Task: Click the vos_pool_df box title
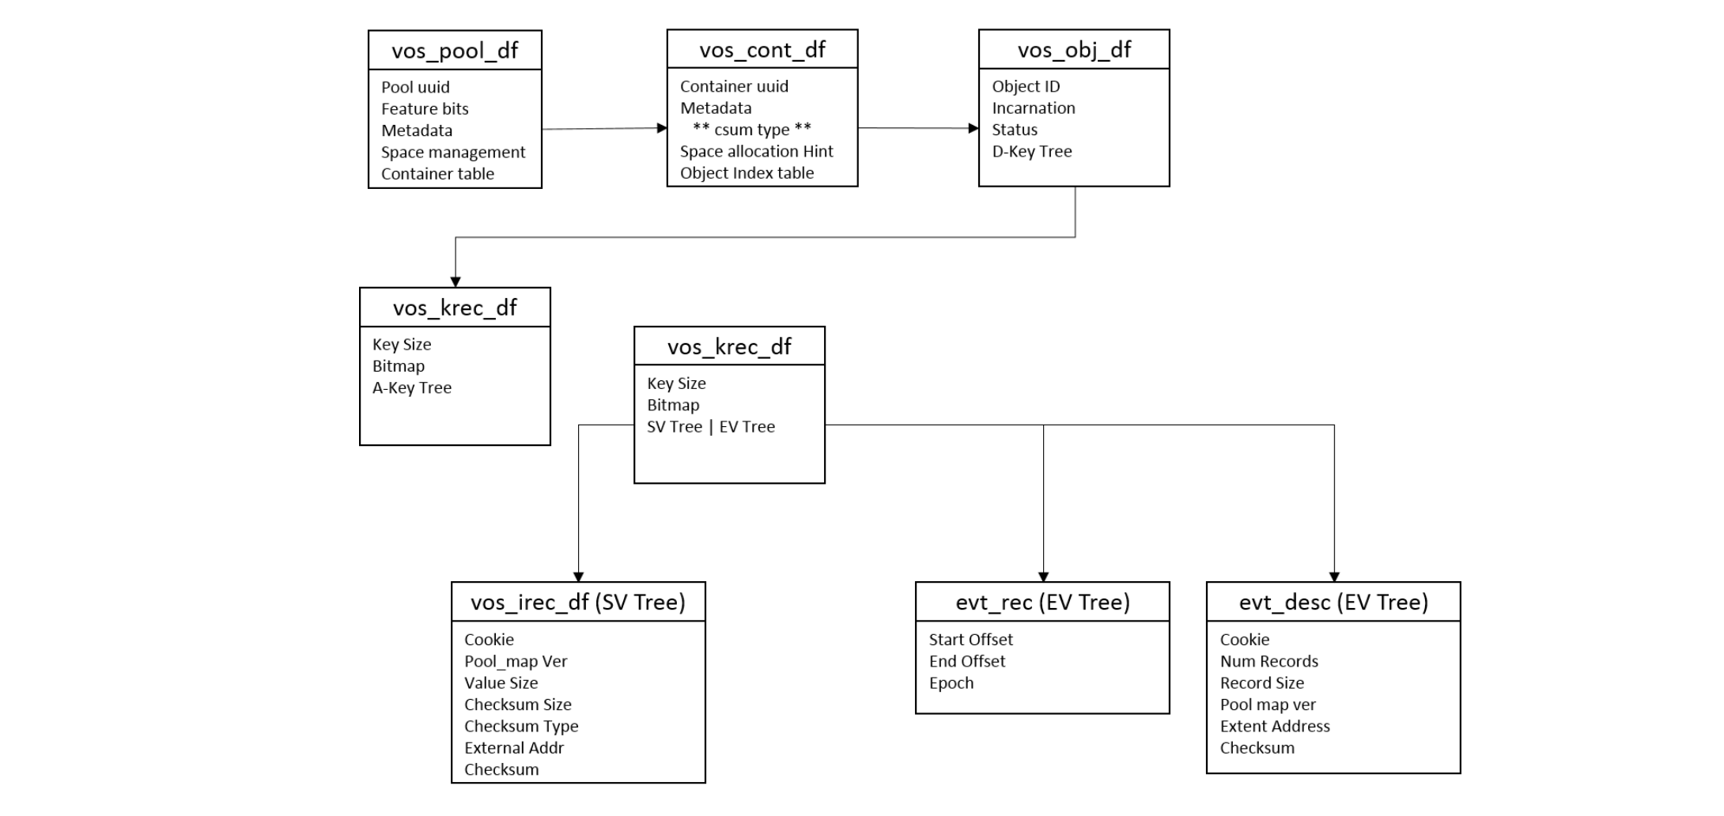[x=455, y=51]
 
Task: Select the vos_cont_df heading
[x=762, y=50]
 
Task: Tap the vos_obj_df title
[x=1073, y=50]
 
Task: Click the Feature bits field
[x=425, y=109]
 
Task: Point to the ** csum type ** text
[x=751, y=130]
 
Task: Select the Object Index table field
[x=747, y=173]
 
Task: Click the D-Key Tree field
[x=1031, y=152]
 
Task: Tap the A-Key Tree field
[x=411, y=388]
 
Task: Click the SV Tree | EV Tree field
[x=710, y=427]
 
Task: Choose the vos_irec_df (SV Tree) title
[x=577, y=603]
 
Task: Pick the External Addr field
[x=513, y=748]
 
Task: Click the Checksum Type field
[x=520, y=727]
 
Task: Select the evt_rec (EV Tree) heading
[x=1042, y=603]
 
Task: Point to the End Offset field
[x=966, y=662]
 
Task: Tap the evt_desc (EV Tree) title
[x=1333, y=603]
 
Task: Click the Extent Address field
[x=1274, y=727]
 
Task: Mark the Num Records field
[x=1268, y=662]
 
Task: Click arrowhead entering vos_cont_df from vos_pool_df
[x=662, y=128]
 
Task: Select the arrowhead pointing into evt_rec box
[x=1042, y=577]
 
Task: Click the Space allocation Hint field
[x=756, y=152]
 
